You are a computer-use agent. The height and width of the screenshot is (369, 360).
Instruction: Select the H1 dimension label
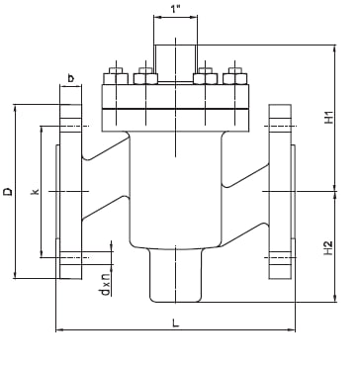pos(328,118)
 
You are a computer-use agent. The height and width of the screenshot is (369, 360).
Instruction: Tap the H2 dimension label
pos(328,248)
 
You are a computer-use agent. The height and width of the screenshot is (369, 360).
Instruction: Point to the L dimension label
pos(176,323)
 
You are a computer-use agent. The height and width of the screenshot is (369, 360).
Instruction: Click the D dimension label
pos(8,191)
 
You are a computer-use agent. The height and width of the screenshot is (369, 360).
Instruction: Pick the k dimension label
pos(35,191)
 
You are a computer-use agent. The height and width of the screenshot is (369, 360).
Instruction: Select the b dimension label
pos(70,78)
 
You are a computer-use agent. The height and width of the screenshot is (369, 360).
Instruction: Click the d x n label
pos(106,287)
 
